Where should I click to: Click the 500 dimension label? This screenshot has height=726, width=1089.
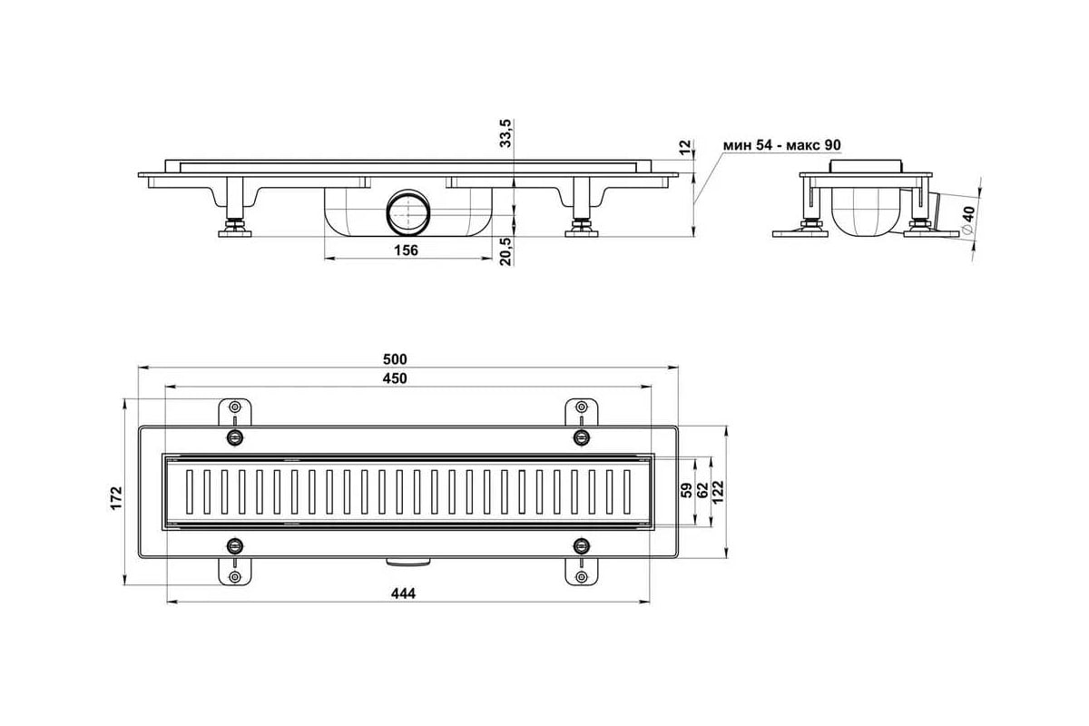coord(395,359)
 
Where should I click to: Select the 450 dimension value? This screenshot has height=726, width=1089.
coord(395,378)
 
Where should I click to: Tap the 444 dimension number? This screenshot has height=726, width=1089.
coord(404,594)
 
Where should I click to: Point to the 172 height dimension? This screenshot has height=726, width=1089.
coord(117,498)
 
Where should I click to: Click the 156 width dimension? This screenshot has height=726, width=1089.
coord(406,250)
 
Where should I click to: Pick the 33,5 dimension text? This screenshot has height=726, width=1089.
coord(505,132)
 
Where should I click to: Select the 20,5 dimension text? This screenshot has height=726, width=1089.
coord(505,251)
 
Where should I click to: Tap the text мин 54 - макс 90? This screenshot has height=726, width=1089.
coord(781,145)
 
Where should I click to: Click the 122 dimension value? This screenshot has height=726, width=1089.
coord(718,493)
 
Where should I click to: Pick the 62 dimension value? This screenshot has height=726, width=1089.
coord(702,490)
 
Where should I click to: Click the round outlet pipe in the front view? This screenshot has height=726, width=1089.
coord(408,212)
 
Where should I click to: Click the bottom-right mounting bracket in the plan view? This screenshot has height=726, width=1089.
coord(582,571)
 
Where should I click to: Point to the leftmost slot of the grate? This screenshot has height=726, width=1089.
coord(190,492)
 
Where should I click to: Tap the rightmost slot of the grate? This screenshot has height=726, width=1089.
coord(627,492)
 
